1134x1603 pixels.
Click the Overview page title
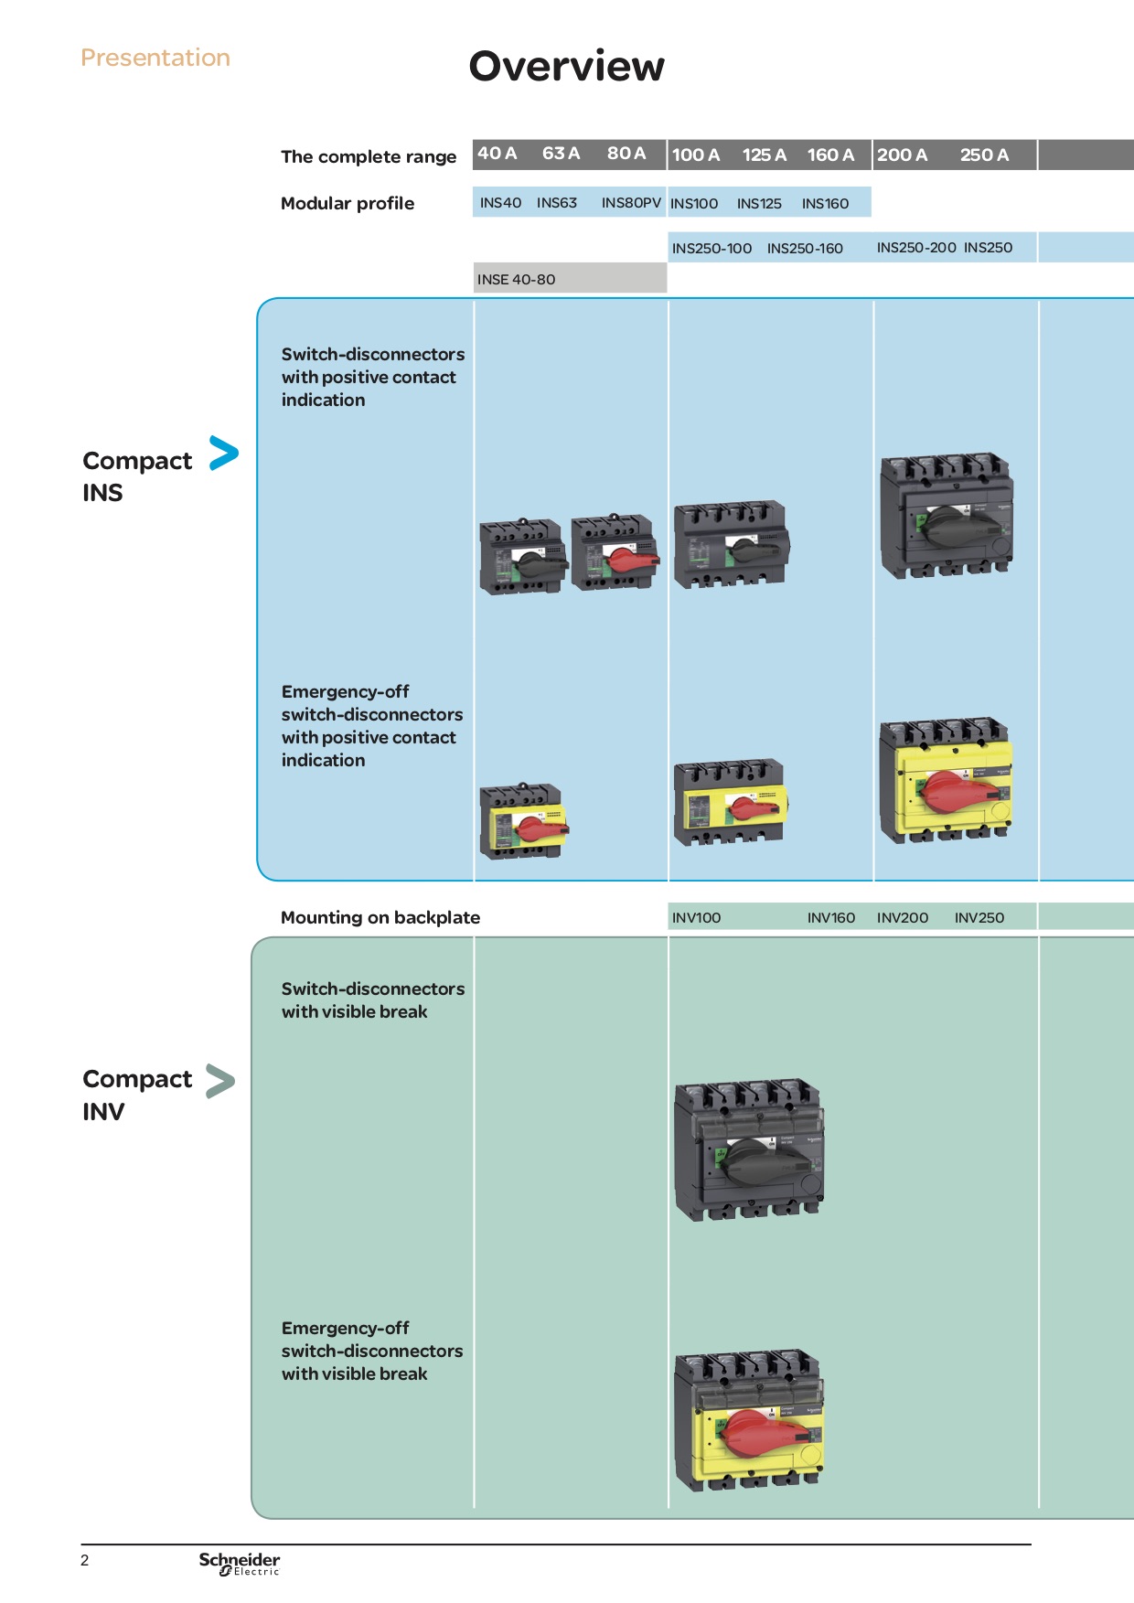(x=567, y=67)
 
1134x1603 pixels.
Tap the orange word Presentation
(x=155, y=58)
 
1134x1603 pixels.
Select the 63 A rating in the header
(x=561, y=153)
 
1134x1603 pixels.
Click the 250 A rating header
(x=984, y=155)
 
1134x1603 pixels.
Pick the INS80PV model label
(x=631, y=202)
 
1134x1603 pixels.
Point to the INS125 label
(x=759, y=203)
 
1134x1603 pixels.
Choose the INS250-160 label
(x=805, y=248)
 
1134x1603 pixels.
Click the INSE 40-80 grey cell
(x=570, y=278)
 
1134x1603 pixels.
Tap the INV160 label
(x=831, y=917)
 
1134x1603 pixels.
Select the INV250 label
(x=979, y=917)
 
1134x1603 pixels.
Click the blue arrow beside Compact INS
(x=223, y=453)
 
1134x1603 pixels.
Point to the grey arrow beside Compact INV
(x=220, y=1080)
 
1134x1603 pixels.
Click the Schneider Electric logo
(x=240, y=1563)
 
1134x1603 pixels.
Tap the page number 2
(x=85, y=1560)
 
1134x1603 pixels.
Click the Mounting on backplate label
(x=380, y=917)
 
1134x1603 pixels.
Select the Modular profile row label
(x=348, y=203)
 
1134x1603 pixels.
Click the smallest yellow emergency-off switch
(x=522, y=820)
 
